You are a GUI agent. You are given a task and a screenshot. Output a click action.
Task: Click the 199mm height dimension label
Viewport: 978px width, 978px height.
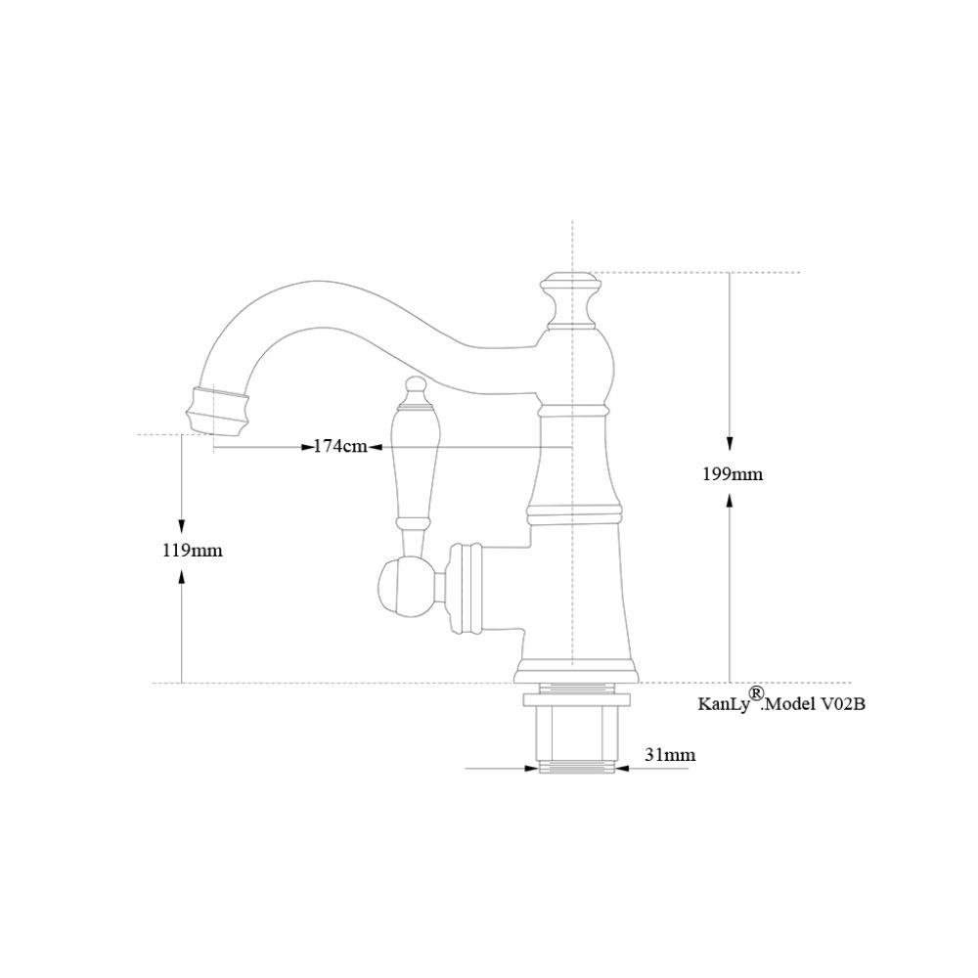pyautogui.click(x=733, y=475)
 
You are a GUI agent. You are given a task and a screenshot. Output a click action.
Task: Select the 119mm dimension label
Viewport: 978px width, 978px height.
pyautogui.click(x=192, y=551)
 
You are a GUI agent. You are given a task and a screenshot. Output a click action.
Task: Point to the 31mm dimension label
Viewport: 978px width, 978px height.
pyautogui.click(x=670, y=754)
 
